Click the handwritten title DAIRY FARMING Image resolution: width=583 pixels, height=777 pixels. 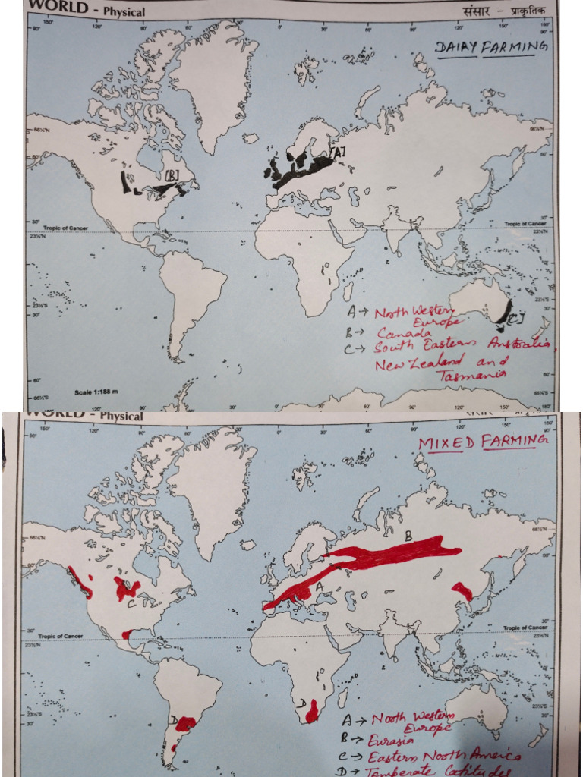[491, 48]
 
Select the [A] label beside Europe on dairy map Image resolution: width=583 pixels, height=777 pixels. [338, 153]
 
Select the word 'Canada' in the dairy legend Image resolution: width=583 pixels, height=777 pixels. [403, 333]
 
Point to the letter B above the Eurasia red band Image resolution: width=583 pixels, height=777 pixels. [408, 535]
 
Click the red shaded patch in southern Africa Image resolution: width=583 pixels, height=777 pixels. [311, 712]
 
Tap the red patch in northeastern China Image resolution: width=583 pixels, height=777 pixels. [462, 590]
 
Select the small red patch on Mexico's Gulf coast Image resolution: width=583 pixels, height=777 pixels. [128, 634]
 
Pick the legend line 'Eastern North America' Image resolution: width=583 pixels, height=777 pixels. [444, 757]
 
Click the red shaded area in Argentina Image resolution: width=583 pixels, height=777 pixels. [183, 722]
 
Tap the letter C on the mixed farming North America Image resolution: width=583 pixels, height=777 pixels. [131, 603]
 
